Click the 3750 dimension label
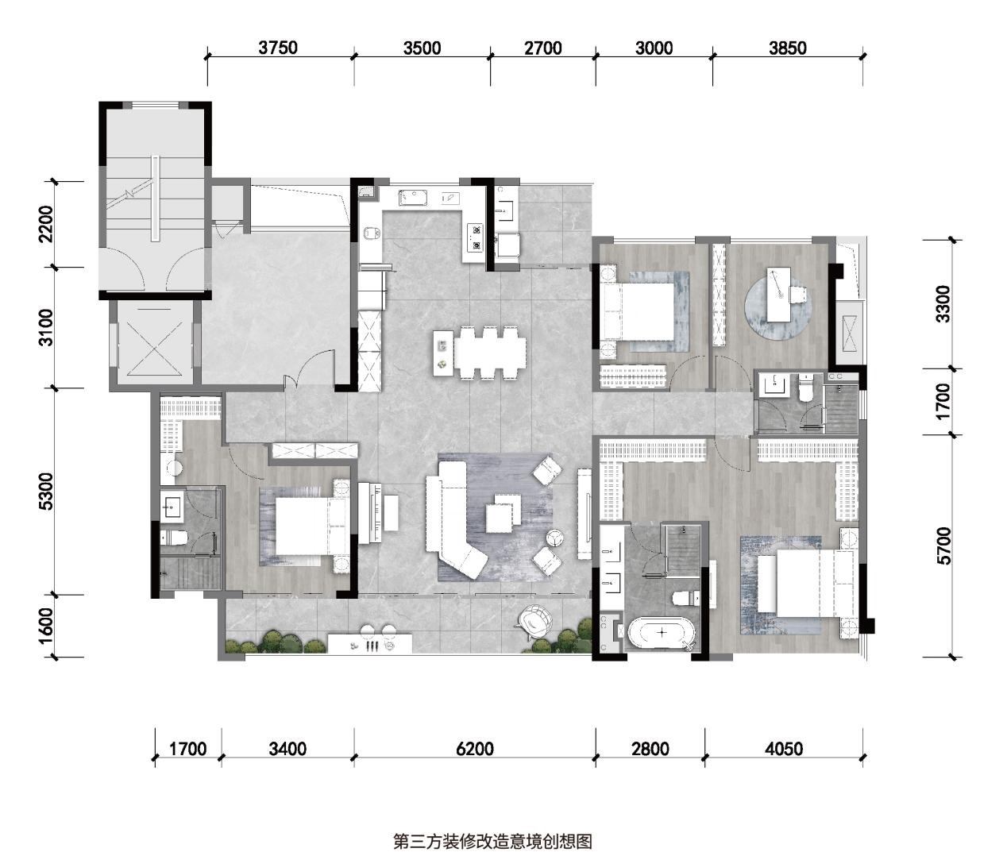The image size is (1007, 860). point(278,48)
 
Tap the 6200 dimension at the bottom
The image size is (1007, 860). point(474,748)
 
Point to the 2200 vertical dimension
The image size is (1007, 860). point(47,224)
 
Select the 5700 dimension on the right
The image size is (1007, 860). point(943,546)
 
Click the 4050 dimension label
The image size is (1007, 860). point(783,748)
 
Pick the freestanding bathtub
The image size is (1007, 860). point(661,633)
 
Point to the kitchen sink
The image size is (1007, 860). point(414,198)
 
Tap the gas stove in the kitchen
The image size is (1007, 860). point(475,238)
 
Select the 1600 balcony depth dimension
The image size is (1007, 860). point(47,626)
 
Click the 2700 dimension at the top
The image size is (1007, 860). point(543,48)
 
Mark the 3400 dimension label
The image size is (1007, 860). point(287,748)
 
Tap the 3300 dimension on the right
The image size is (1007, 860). point(943,304)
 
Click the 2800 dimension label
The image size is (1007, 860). point(650,748)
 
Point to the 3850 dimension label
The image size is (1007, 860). point(788,48)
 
